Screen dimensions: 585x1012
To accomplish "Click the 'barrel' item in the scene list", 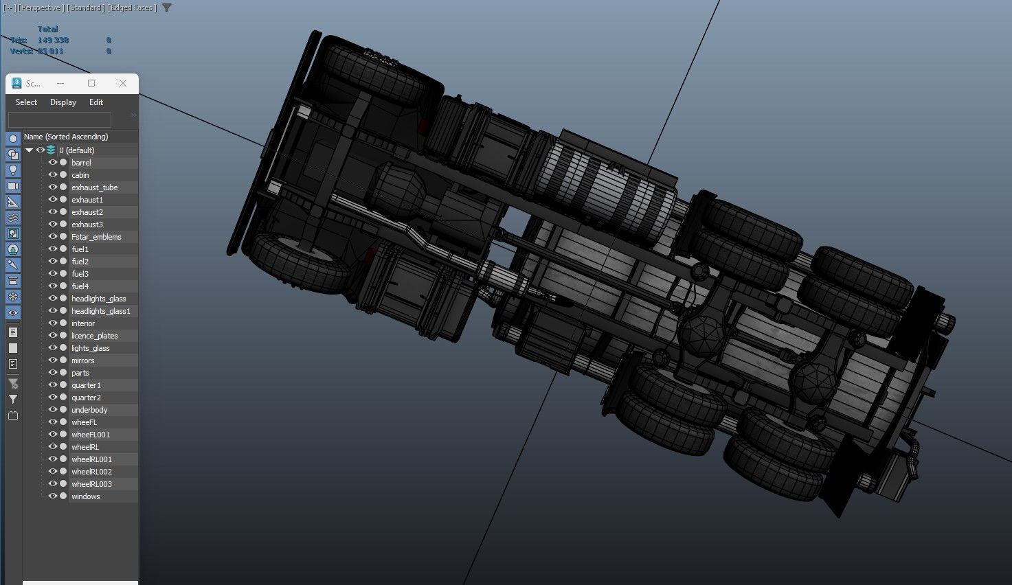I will click(x=81, y=163).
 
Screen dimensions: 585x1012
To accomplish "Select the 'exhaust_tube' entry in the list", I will click(x=94, y=187).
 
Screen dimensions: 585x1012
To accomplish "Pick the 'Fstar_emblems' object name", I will click(x=96, y=237).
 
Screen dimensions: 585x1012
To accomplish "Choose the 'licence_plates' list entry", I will click(x=95, y=336).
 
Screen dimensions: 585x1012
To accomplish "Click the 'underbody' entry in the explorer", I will click(x=89, y=410).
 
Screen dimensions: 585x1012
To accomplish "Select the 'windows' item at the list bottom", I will click(x=86, y=496).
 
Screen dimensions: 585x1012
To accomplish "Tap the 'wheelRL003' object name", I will click(x=91, y=484).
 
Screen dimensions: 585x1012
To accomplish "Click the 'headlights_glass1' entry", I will click(x=100, y=311).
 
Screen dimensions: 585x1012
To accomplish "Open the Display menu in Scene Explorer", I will click(x=63, y=102).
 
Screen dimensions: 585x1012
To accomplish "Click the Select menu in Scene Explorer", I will click(x=26, y=102).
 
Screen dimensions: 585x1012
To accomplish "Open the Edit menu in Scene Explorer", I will click(x=96, y=102).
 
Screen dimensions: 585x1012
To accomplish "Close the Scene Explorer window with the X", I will click(x=123, y=83).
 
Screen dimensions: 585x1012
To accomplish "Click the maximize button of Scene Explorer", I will click(x=91, y=83).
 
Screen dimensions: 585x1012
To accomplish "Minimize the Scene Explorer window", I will click(x=60, y=83).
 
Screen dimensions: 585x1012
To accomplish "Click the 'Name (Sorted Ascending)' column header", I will click(x=66, y=137).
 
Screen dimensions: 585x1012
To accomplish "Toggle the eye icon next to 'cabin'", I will click(x=53, y=175).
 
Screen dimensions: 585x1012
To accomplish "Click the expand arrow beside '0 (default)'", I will click(x=30, y=150).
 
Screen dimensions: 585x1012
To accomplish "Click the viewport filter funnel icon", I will click(x=167, y=8).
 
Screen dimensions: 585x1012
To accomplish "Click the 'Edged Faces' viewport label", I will click(x=133, y=8).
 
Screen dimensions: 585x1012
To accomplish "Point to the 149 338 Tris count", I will click(x=53, y=41).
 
